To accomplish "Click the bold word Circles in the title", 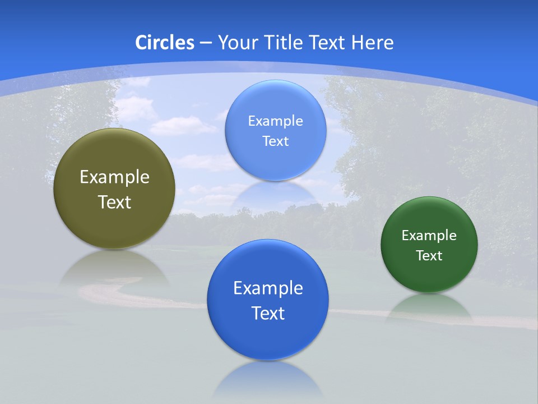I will tap(164, 42).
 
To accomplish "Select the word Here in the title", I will tap(372, 42).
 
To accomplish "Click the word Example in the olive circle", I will tap(114, 177).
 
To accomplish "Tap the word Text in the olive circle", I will tap(114, 202).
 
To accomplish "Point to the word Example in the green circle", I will tap(429, 236).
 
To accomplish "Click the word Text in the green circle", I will tap(429, 256).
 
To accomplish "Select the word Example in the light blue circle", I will tap(276, 121).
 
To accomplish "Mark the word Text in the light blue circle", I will tap(276, 141).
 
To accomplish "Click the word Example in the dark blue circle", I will tap(268, 288).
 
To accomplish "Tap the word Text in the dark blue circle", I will tap(268, 313).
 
